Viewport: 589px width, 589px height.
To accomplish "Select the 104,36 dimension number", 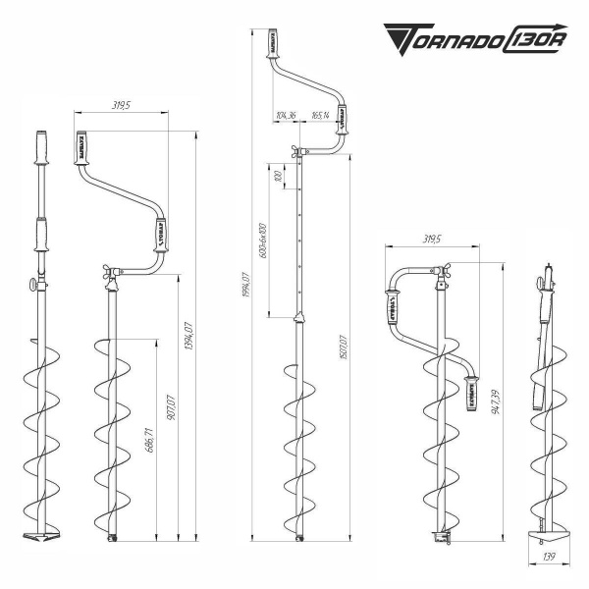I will [288, 116].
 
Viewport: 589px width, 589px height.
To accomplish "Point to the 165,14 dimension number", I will [321, 116].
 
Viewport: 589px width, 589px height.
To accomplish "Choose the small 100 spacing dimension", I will [278, 178].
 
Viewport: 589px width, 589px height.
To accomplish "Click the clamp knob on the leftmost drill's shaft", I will [30, 286].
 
